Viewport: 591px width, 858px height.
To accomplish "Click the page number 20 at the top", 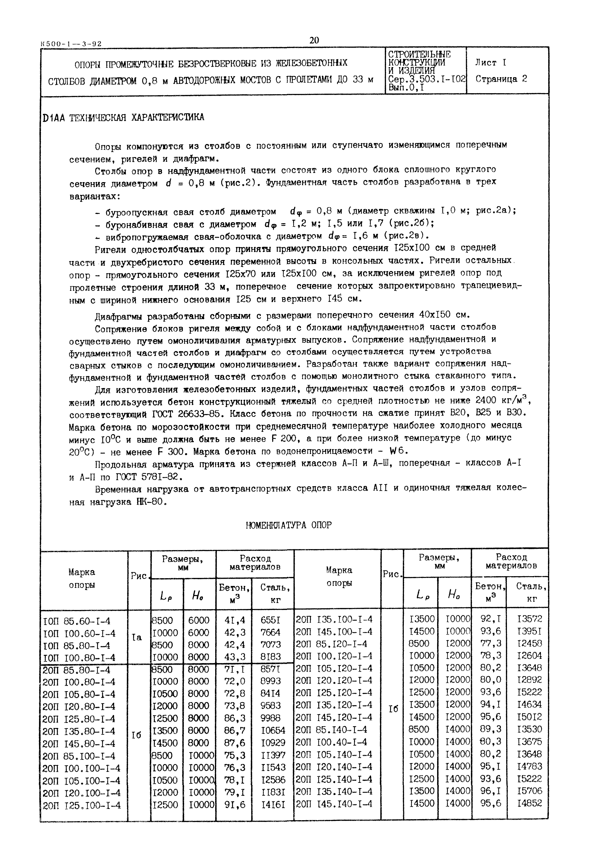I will pos(314,40).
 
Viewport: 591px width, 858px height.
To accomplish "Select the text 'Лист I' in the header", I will pos(491,63).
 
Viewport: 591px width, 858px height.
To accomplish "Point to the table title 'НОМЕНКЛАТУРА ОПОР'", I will pos(288,525).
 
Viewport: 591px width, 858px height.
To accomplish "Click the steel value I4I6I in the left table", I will pos(273,805).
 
